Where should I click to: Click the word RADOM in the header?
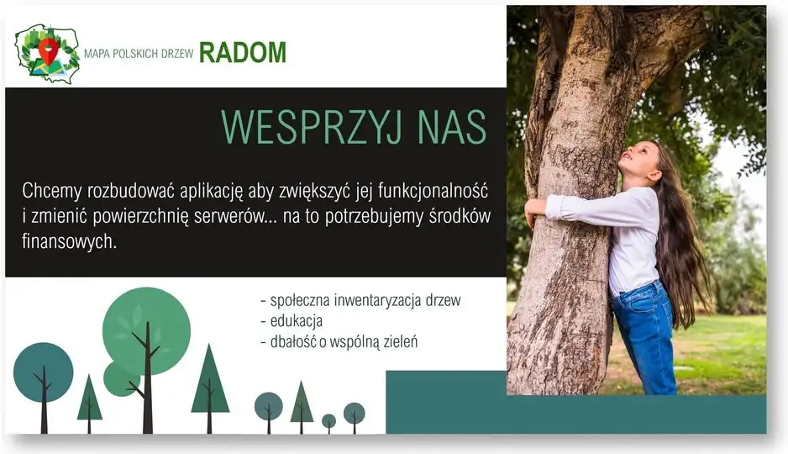click(x=243, y=52)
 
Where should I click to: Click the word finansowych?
click(x=70, y=241)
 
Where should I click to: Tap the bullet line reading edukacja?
click(x=292, y=321)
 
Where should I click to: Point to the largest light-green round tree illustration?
click(x=146, y=331)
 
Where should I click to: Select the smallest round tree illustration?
click(x=328, y=422)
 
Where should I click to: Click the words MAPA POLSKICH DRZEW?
click(x=139, y=54)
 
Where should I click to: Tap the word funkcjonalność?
click(x=433, y=192)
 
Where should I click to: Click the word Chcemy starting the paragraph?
click(x=52, y=192)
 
